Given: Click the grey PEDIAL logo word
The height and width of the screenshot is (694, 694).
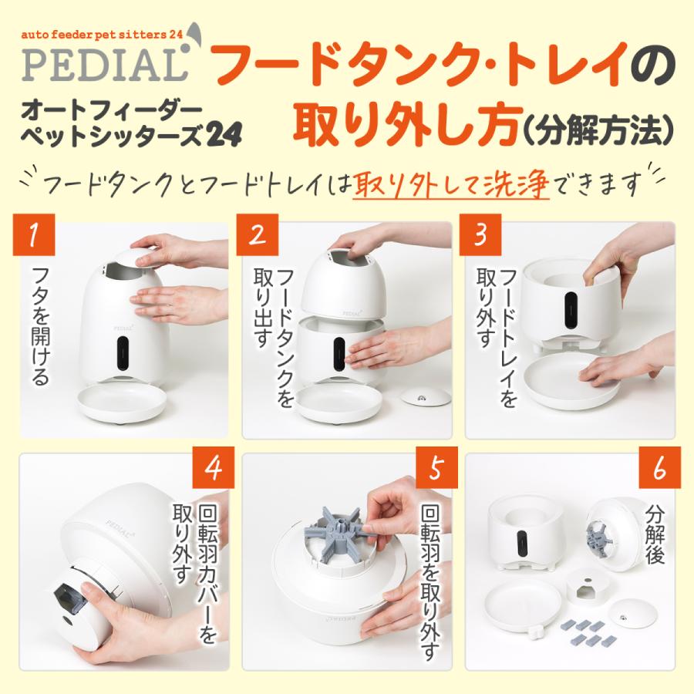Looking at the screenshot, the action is point(104,65).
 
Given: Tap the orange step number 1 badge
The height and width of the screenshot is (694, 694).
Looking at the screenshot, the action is point(34,234).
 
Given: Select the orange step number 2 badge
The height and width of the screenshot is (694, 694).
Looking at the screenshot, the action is point(257,234).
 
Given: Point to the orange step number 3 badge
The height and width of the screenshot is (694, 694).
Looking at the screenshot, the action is point(480,234).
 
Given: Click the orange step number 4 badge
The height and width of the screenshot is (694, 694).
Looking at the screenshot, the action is point(214,467).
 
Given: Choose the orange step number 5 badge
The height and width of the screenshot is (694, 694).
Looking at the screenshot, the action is point(436,467).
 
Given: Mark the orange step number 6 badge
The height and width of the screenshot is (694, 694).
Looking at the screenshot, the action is point(659,467).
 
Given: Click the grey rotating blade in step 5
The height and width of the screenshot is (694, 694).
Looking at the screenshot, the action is point(339,530).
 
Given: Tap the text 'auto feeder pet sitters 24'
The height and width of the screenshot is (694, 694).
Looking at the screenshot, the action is point(102,35).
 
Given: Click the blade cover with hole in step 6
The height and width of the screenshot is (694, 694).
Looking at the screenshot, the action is point(588,588).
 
